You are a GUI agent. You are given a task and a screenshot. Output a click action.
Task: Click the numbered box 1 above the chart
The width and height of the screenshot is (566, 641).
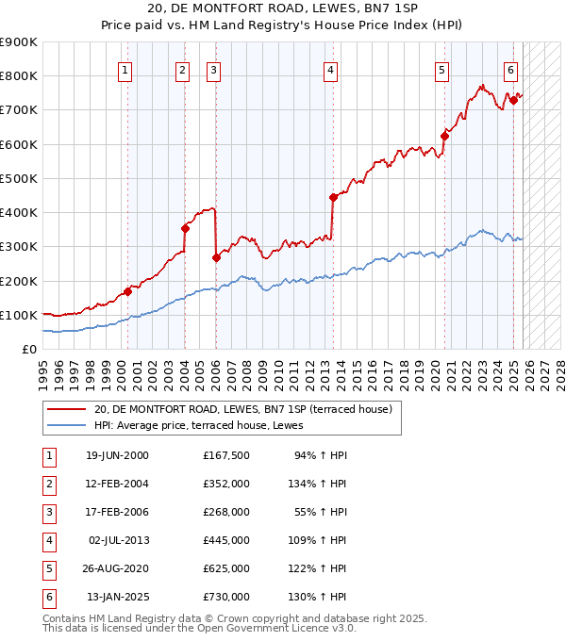(x=125, y=69)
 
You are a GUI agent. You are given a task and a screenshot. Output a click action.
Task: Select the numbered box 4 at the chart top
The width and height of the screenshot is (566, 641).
(x=331, y=69)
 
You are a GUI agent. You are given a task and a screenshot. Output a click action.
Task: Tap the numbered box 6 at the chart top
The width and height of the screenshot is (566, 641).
(x=510, y=69)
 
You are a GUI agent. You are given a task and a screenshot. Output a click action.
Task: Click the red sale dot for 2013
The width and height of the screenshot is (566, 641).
(x=333, y=197)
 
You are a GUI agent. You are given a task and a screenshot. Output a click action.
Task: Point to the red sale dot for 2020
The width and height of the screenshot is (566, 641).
(x=444, y=136)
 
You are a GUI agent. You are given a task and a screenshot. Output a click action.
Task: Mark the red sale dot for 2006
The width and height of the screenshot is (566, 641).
(x=216, y=257)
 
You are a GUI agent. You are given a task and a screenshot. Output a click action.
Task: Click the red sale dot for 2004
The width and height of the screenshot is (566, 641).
(x=185, y=228)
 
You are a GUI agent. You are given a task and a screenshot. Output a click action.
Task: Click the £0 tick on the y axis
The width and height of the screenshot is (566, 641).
(x=27, y=349)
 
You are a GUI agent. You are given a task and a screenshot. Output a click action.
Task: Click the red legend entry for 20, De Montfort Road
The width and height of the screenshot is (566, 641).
(x=236, y=409)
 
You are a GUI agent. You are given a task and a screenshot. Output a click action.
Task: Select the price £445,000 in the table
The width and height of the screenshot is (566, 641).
(x=225, y=540)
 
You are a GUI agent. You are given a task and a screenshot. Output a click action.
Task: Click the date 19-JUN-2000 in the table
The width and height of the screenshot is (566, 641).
(x=117, y=455)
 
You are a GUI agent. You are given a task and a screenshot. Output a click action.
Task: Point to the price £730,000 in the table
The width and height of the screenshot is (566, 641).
(x=225, y=597)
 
